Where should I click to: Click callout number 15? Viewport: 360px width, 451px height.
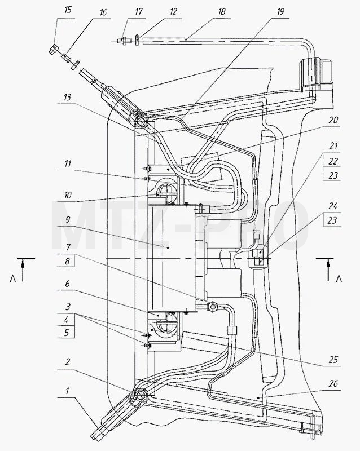[x=68, y=10]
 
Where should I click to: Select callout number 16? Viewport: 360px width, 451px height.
[x=103, y=12]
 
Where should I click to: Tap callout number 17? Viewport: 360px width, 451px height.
[x=139, y=11]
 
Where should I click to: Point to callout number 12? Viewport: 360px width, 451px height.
[x=173, y=11]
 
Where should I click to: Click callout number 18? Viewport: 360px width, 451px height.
[x=221, y=11]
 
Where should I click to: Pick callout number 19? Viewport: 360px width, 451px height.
[x=280, y=11]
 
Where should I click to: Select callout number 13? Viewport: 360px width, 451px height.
[x=67, y=97]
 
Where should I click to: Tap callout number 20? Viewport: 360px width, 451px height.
[x=333, y=120]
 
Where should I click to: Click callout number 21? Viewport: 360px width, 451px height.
[x=333, y=146]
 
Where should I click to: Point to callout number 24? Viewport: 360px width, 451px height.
[x=333, y=206]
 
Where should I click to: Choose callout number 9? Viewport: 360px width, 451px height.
[x=67, y=220]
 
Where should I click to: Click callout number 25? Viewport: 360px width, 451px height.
[x=333, y=360]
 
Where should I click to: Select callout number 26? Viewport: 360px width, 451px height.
[x=333, y=384]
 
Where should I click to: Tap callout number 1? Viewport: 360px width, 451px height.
[x=67, y=391]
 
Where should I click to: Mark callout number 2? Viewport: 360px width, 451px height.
[x=67, y=361]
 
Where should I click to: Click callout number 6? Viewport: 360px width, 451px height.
[x=67, y=284]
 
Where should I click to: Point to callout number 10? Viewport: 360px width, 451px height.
[x=68, y=195]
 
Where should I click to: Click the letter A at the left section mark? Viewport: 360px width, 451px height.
[x=12, y=278]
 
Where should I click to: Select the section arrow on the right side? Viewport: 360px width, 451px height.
[x=328, y=269]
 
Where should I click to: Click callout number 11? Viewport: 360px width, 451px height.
[x=68, y=163]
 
